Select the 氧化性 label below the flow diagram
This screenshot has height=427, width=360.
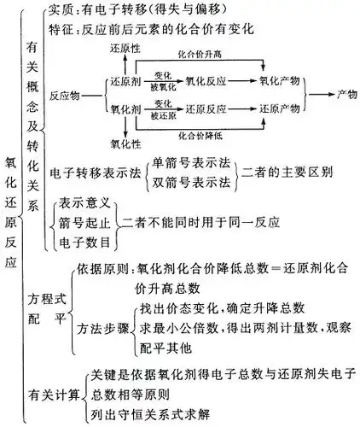coord(125,141)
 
